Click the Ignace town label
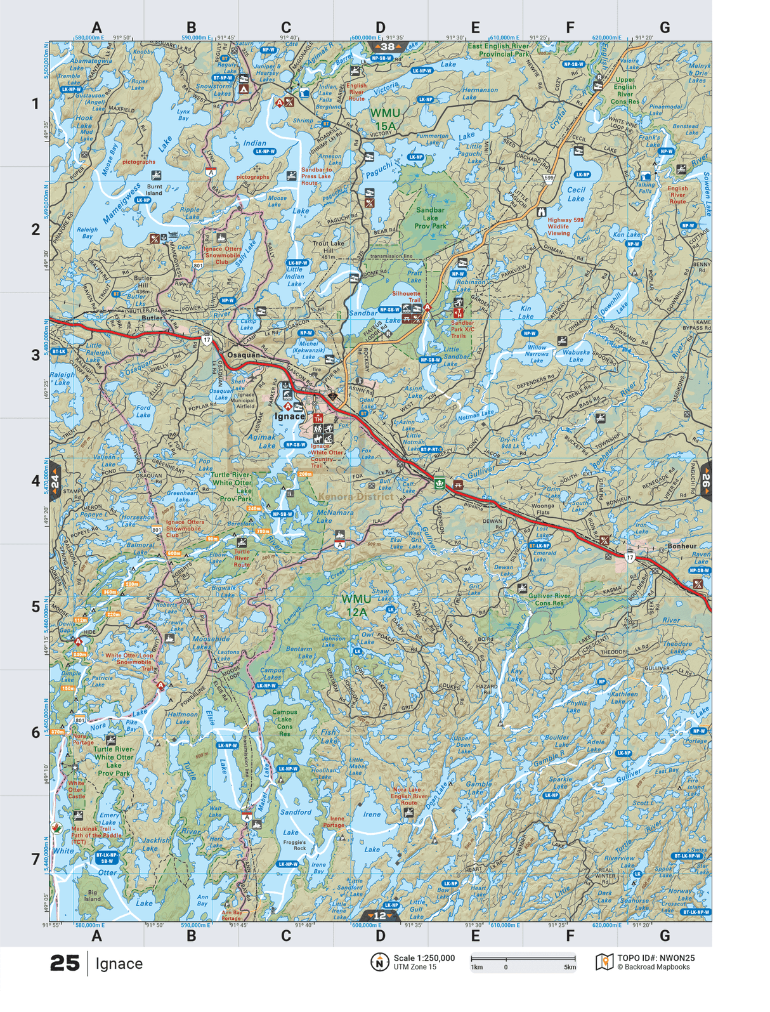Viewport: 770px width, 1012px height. tap(289, 417)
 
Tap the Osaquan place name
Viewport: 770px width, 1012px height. tap(244, 355)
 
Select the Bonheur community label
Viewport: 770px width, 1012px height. tap(682, 546)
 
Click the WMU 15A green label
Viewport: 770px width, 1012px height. tap(385, 119)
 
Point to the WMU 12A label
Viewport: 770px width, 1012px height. tap(356, 605)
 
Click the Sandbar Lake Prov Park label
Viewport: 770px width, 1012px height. tap(431, 218)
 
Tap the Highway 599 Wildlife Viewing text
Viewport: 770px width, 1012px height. tap(565, 227)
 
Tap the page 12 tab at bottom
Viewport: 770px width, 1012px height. tap(379, 916)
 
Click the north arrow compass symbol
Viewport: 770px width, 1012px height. tap(379, 963)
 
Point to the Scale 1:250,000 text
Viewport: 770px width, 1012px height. tap(424, 958)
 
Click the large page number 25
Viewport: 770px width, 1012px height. tap(65, 964)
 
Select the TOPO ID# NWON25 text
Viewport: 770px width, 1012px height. tap(656, 958)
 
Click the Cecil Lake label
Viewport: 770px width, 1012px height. tap(576, 194)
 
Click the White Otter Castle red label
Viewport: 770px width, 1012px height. tap(76, 789)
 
